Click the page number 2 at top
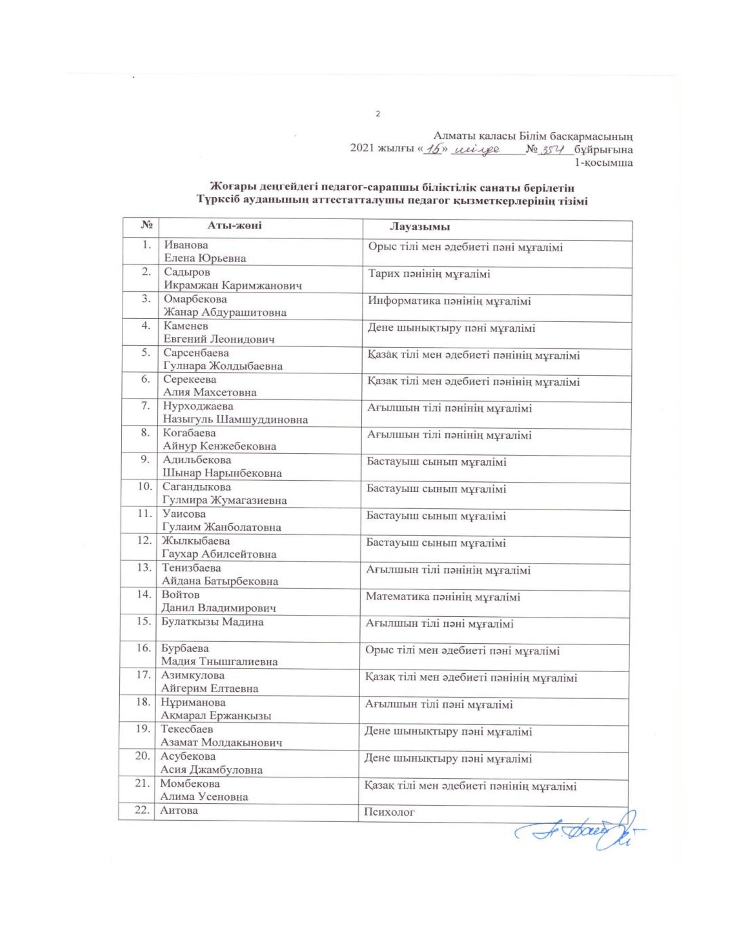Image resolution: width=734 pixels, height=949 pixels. point(377,114)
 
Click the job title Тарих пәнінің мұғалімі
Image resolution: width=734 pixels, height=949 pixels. point(429,275)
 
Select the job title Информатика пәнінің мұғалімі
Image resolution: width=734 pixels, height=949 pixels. point(449,301)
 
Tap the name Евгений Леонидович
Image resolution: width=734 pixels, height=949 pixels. point(219,339)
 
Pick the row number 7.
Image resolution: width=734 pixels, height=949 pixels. point(146,406)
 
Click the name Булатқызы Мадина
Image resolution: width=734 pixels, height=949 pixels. point(212,622)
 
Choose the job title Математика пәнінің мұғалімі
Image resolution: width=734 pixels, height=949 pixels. point(443,597)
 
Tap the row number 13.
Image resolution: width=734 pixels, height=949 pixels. point(143,568)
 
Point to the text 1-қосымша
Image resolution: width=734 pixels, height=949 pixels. point(604,163)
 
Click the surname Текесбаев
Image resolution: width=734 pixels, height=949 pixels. point(187,729)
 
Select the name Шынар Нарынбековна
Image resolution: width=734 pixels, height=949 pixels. point(222,473)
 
